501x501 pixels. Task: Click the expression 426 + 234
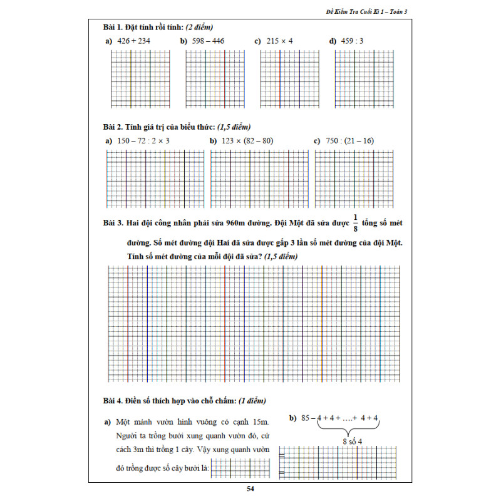tap(133, 41)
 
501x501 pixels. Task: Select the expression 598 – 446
tap(208, 41)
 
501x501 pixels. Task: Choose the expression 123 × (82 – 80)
tap(247, 141)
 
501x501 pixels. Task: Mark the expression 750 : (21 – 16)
tap(349, 141)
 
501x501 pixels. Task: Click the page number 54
tap(250, 489)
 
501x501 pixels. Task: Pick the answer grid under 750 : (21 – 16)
tap(354, 178)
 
